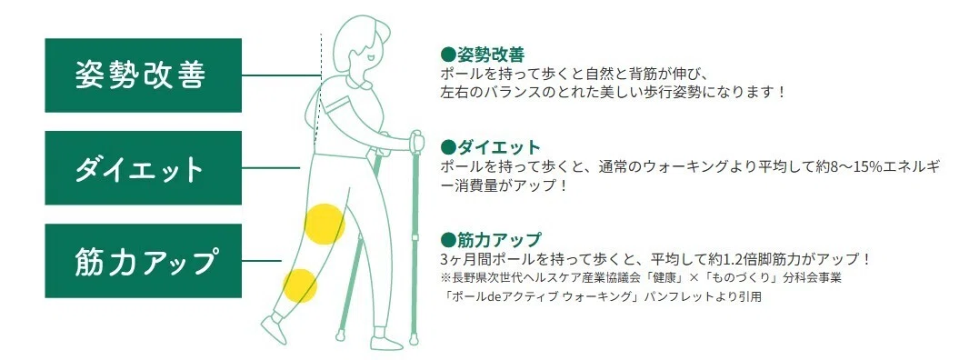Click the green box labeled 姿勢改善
[143, 75]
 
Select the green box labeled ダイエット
[143, 168]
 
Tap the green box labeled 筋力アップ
[143, 261]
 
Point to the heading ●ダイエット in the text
[490, 148]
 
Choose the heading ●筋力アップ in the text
[491, 240]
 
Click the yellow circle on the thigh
[325, 224]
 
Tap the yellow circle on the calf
[300, 285]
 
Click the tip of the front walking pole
[414, 341]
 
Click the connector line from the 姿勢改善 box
[281, 75]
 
